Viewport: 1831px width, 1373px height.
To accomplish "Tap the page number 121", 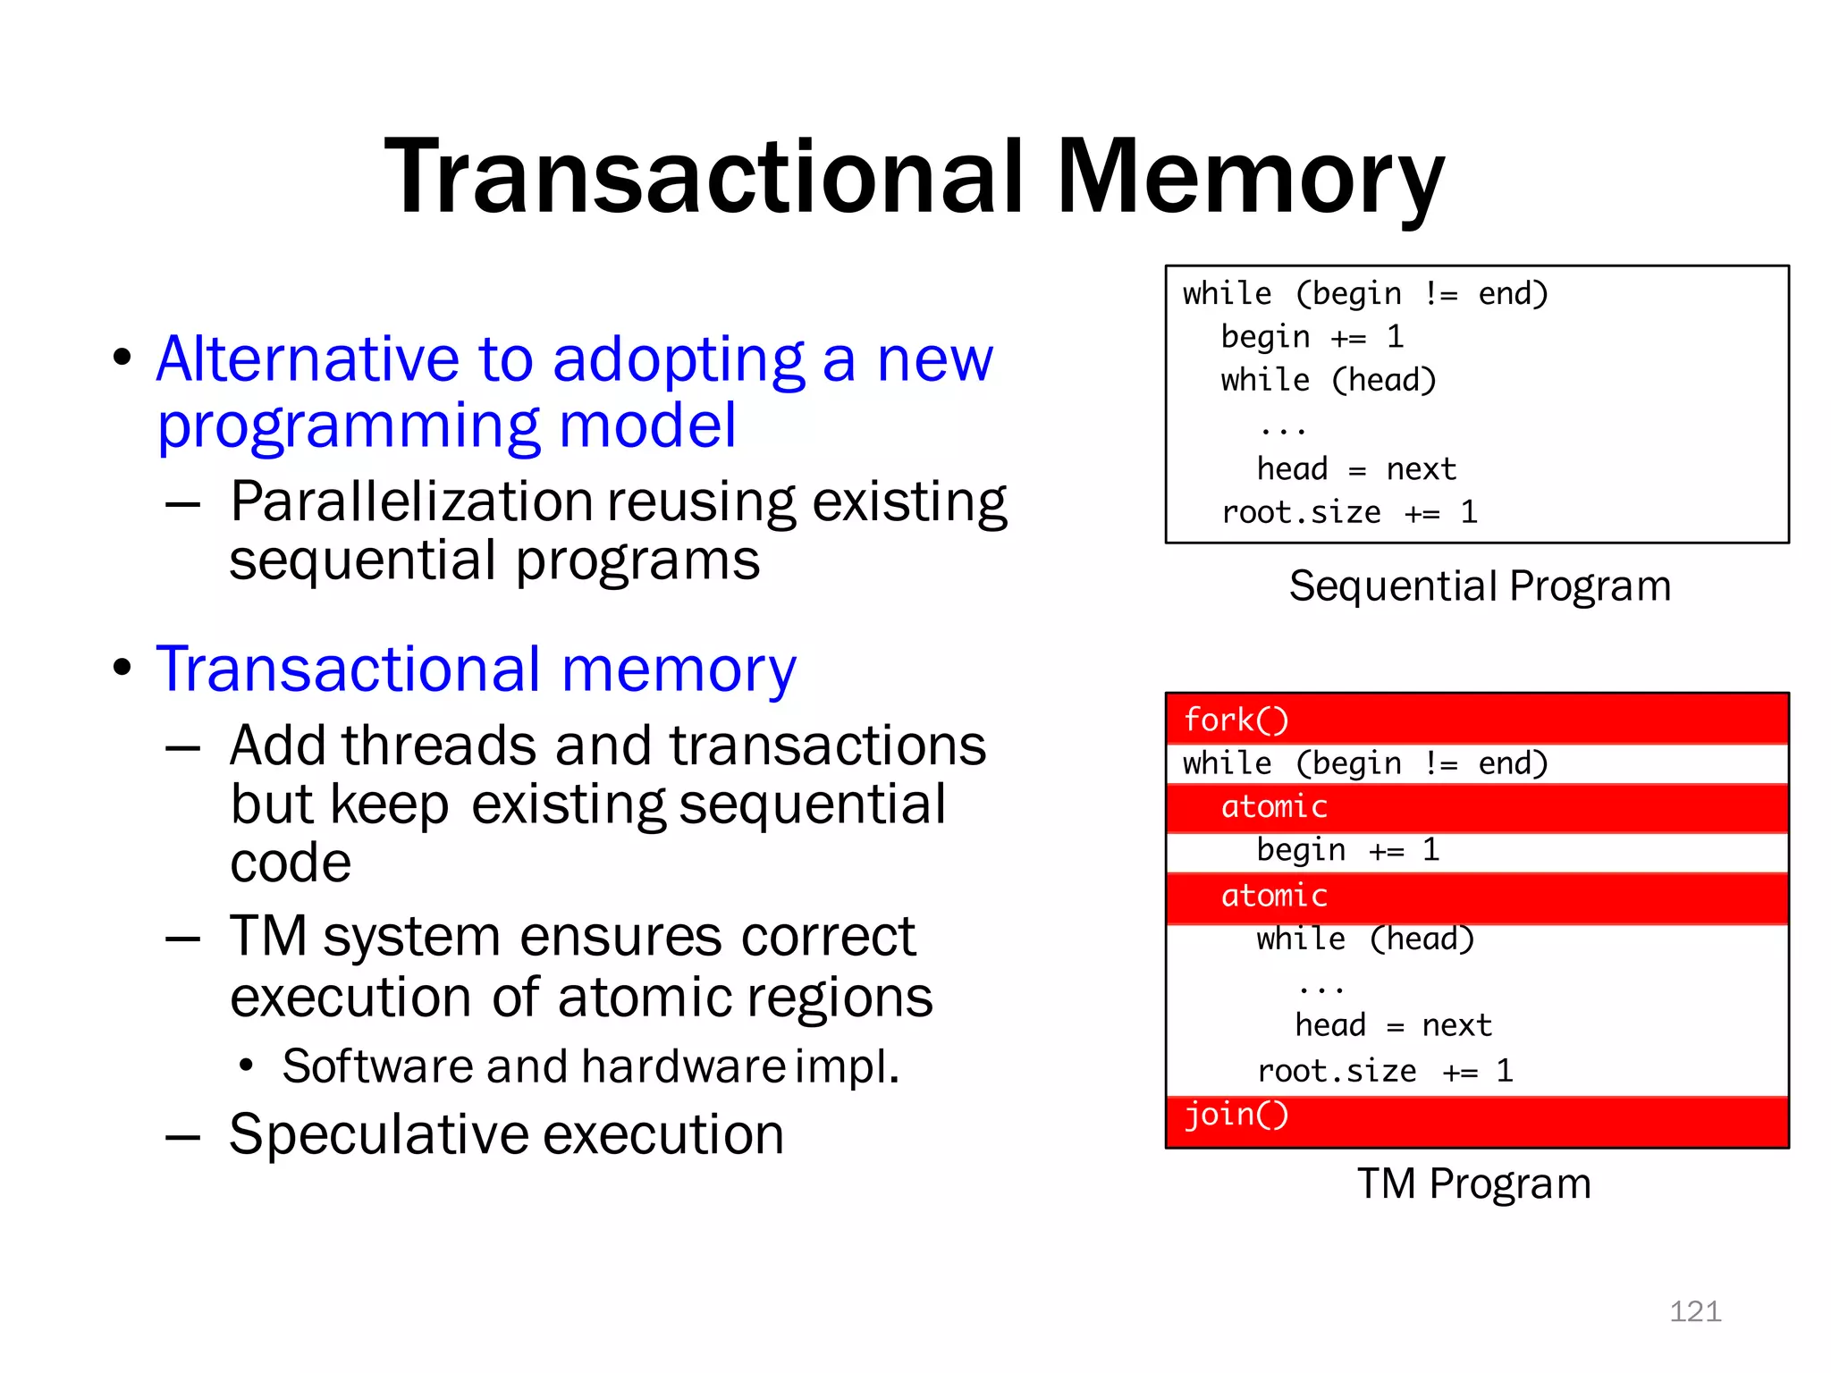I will (1694, 1311).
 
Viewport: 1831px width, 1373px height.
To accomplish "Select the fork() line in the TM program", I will (1236, 720).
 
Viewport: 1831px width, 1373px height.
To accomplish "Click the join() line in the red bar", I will (1236, 1115).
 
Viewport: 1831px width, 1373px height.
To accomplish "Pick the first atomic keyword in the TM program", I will (1274, 806).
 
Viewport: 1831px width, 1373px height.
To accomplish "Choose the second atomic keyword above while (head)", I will (1274, 895).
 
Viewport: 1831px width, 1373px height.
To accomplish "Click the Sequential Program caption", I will (1480, 586).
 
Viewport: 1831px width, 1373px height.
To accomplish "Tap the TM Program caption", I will (1473, 1183).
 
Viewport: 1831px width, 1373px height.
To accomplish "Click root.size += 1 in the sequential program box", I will (1349, 512).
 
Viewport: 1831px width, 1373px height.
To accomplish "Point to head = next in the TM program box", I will (1393, 1024).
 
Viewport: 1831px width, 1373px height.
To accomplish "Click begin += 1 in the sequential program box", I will (1312, 337).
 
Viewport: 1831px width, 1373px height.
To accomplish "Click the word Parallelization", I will (411, 501).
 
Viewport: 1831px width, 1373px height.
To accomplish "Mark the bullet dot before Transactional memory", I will (122, 668).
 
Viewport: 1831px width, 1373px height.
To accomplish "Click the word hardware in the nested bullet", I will (683, 1066).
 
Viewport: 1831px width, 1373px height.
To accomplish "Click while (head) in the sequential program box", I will (1328, 381).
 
